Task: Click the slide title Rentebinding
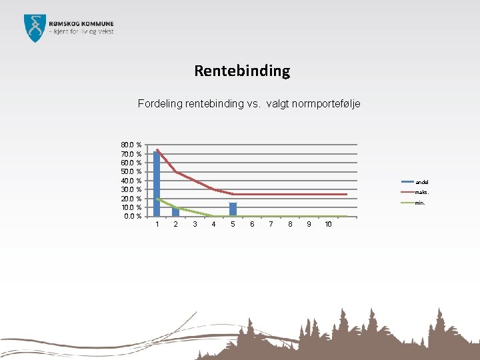[x=242, y=71]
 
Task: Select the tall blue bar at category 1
[x=157, y=183]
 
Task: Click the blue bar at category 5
[x=233, y=209]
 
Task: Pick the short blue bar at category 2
[x=175, y=212]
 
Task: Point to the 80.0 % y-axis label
[x=131, y=145]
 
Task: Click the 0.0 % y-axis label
[x=132, y=216]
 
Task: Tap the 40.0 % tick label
[x=131, y=181]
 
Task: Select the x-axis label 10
[x=328, y=224]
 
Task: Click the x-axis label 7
[x=271, y=224]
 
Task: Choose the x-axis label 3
[x=195, y=224]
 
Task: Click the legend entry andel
[x=422, y=182]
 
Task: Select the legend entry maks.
[x=422, y=192]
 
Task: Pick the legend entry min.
[x=420, y=203]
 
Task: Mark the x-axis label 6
[x=252, y=224]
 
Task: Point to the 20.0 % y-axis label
[x=131, y=199]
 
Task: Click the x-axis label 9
[x=309, y=224]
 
